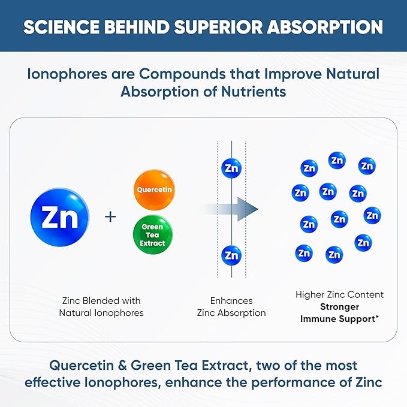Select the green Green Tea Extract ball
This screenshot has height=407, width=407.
[153, 236]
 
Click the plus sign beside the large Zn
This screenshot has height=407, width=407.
[110, 216]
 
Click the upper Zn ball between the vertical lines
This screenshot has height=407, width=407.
[231, 168]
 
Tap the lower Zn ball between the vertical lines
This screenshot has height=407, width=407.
[231, 255]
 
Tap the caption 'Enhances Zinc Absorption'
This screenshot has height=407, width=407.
[231, 306]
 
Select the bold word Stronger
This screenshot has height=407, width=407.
[339, 307]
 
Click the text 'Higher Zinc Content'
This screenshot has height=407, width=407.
[339, 295]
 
